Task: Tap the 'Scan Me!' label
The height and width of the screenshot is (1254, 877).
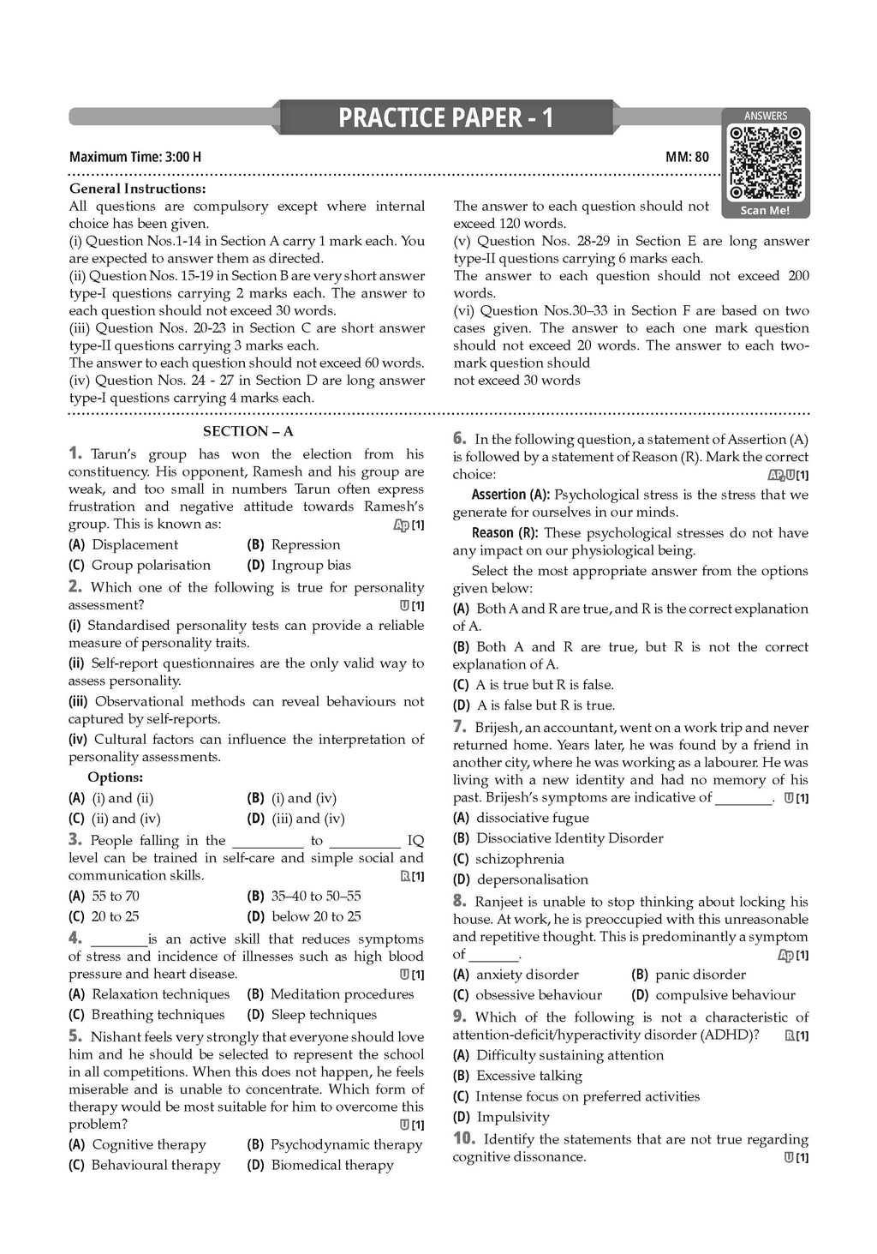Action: click(765, 210)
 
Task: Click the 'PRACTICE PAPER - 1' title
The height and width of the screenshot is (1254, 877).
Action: click(445, 118)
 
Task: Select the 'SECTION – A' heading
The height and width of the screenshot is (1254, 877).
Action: click(248, 431)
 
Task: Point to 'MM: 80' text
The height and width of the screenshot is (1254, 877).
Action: click(687, 157)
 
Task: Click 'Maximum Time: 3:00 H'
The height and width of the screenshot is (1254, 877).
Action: click(135, 157)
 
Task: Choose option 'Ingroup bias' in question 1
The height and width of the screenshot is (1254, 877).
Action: click(311, 566)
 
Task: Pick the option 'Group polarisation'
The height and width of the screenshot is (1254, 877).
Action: click(151, 566)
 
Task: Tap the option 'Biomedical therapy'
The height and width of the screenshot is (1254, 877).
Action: click(332, 1166)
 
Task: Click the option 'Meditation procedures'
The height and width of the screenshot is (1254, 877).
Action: click(342, 994)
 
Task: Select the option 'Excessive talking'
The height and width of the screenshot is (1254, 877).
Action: click(528, 1076)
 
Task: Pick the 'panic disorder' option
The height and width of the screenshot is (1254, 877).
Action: click(700, 975)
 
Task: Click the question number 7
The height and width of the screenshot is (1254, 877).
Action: click(459, 727)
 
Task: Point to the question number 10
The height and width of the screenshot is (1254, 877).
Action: click(463, 1139)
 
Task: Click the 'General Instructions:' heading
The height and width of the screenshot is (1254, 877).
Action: click(137, 189)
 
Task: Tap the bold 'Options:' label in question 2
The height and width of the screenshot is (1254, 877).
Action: click(115, 777)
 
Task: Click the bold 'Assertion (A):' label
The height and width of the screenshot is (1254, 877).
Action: click(510, 495)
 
